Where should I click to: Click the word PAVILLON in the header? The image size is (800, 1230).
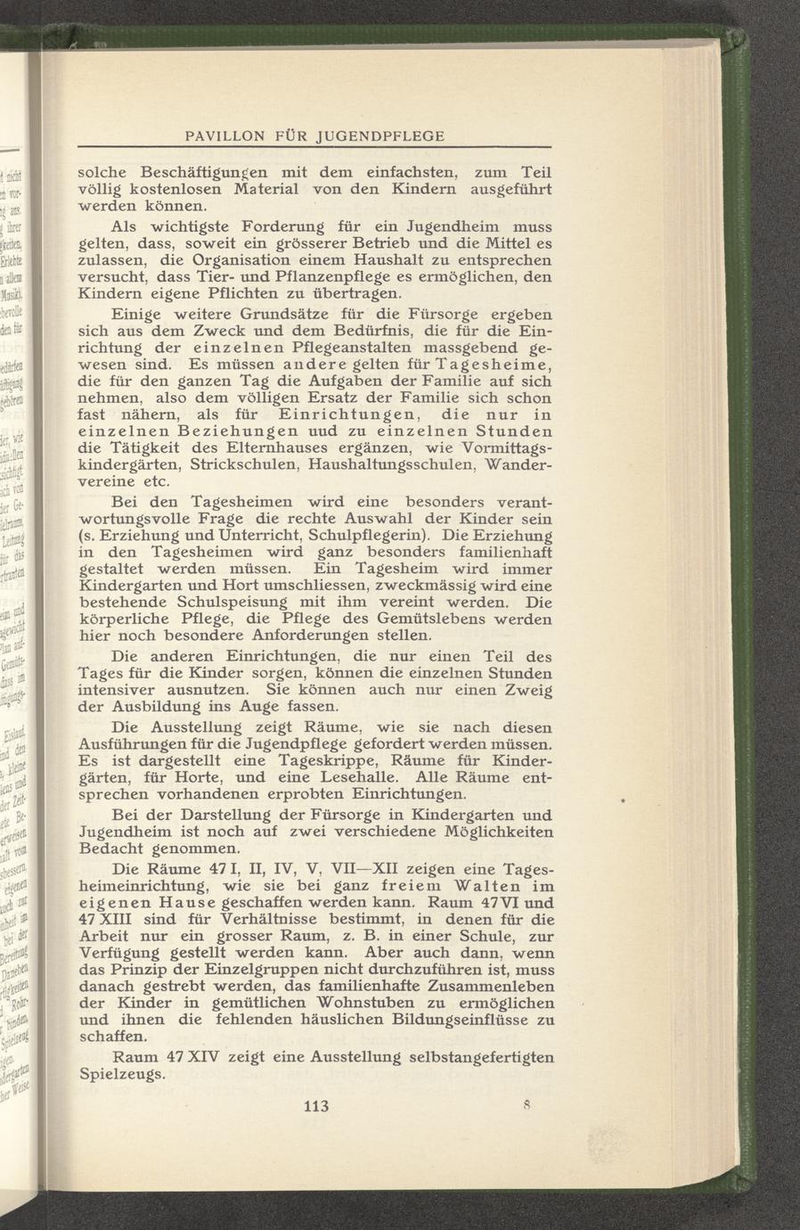222,135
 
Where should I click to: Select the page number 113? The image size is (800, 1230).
316,1107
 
